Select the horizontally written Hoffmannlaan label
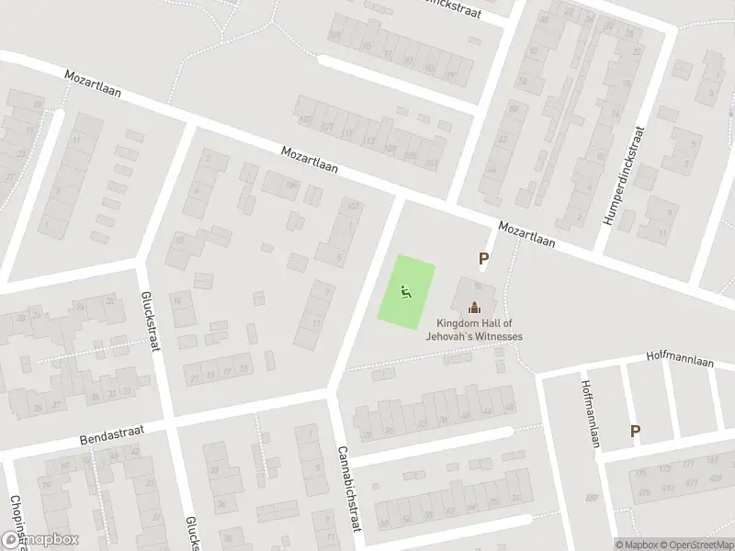[679, 354]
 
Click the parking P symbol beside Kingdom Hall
[483, 260]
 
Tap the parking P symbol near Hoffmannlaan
[635, 431]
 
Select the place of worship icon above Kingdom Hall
[474, 308]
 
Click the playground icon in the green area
[406, 293]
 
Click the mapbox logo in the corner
[40, 540]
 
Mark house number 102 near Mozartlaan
[352, 206]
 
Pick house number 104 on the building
[291, 186]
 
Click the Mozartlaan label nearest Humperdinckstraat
[527, 234]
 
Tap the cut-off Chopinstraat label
[15, 519]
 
